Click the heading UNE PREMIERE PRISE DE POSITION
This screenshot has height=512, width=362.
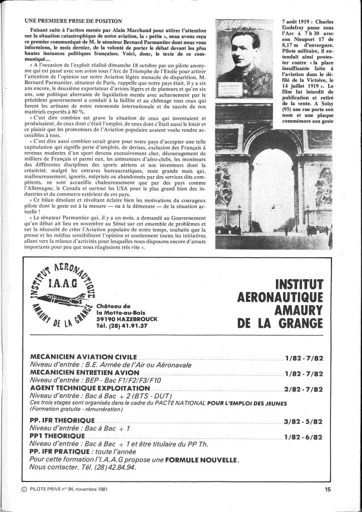(72, 21)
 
